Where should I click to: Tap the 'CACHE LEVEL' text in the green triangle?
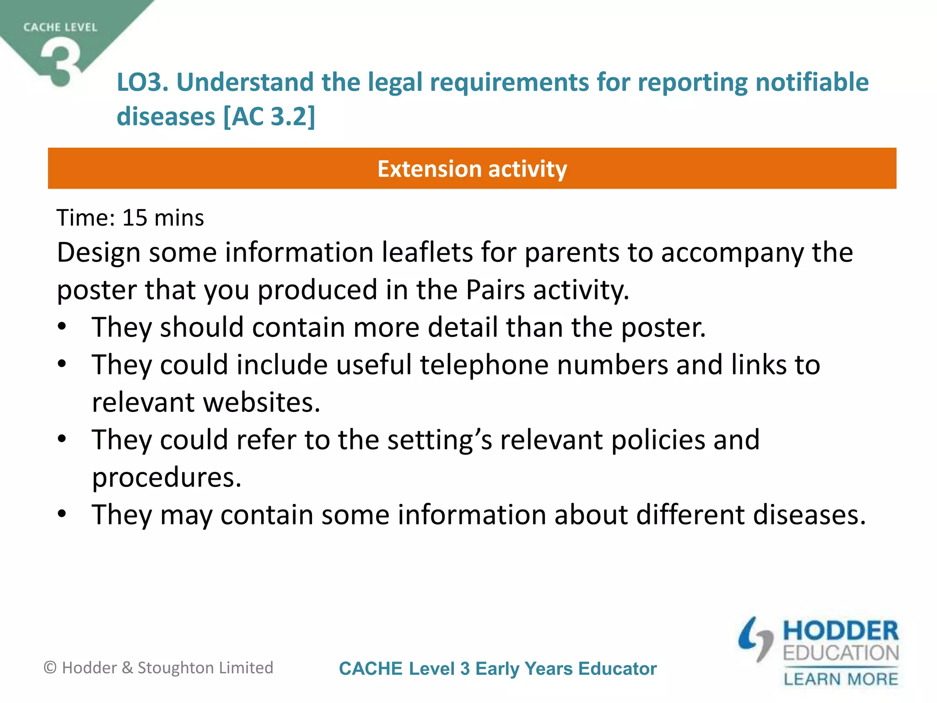pos(60,27)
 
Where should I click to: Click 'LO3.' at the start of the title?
pos(143,82)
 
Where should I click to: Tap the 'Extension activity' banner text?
pos(472,169)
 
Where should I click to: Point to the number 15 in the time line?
pos(135,218)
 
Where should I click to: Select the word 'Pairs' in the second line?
pos(495,290)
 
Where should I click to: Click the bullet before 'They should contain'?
pos(62,327)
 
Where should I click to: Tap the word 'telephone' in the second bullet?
pos(484,365)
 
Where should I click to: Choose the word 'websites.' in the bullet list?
pos(261,403)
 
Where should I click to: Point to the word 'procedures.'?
pos(167,478)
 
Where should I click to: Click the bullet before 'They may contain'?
pos(62,514)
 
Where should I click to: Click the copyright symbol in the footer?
pos(50,668)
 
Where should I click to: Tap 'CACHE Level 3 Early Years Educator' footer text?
pos(498,669)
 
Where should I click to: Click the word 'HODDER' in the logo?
pos(840,631)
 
